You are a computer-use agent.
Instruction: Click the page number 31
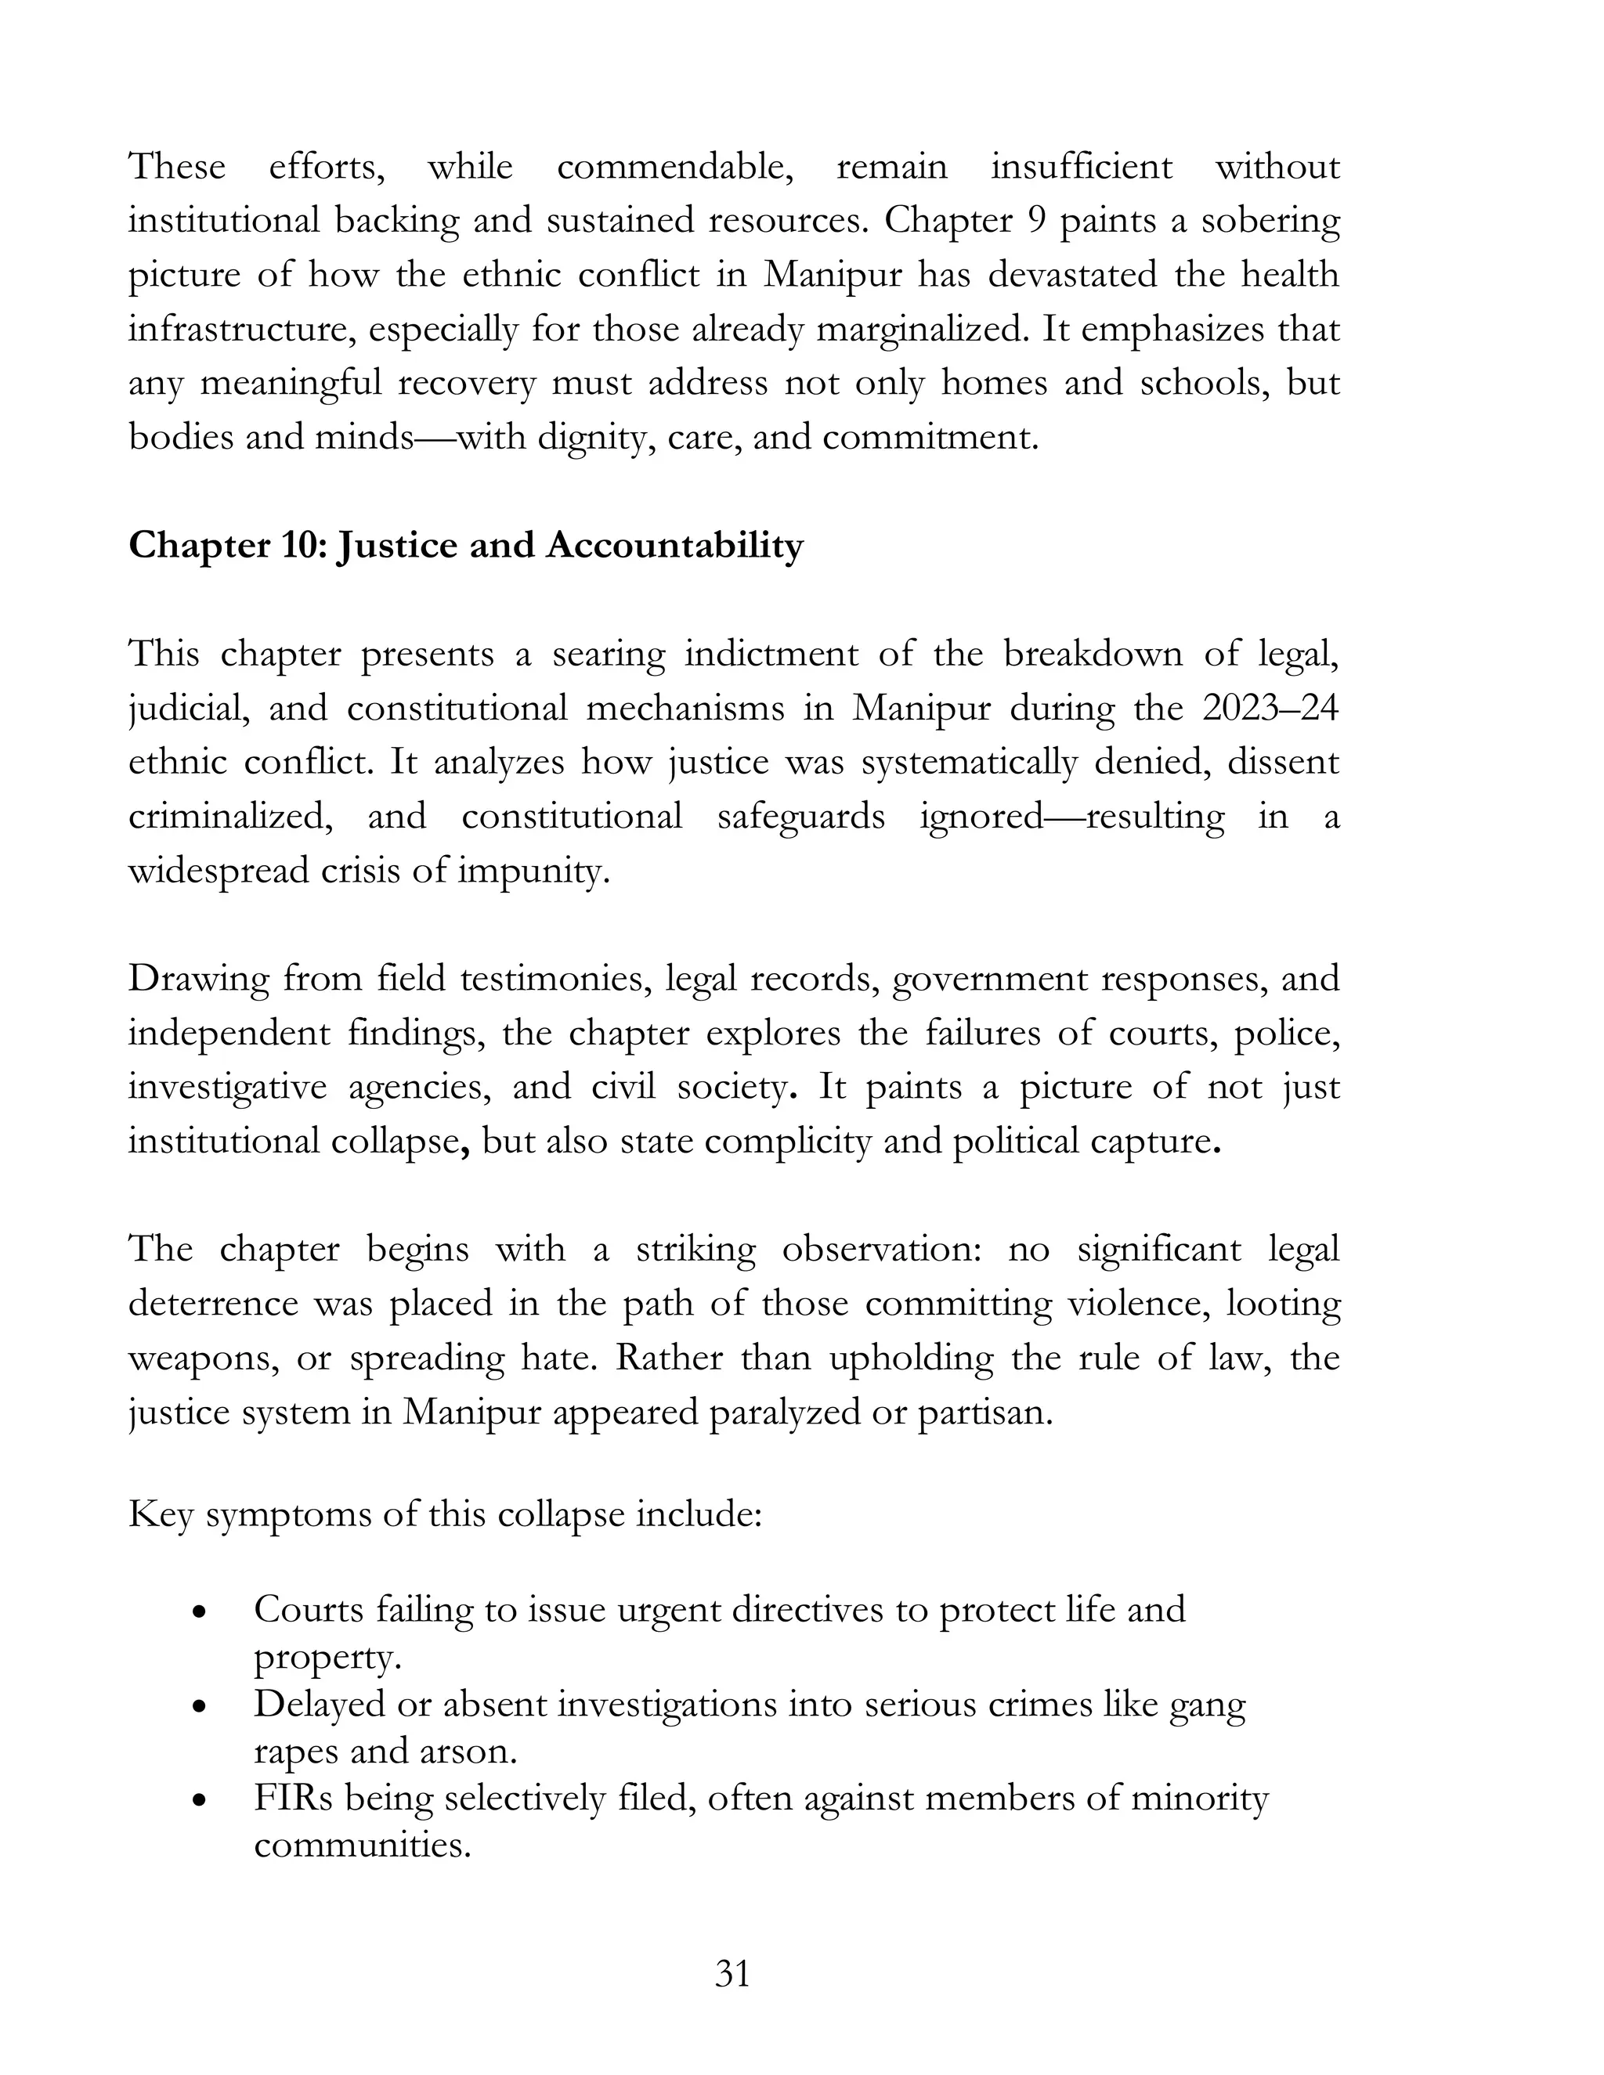click(732, 1974)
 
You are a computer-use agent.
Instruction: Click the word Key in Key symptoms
click(160, 1514)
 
